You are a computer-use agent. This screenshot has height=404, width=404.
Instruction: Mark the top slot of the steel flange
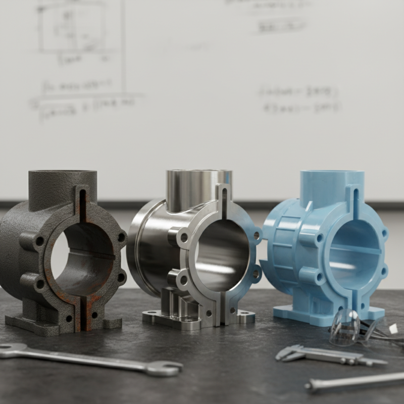[x=222, y=199]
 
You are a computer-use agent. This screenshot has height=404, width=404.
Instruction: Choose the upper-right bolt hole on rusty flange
[x=121, y=236]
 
